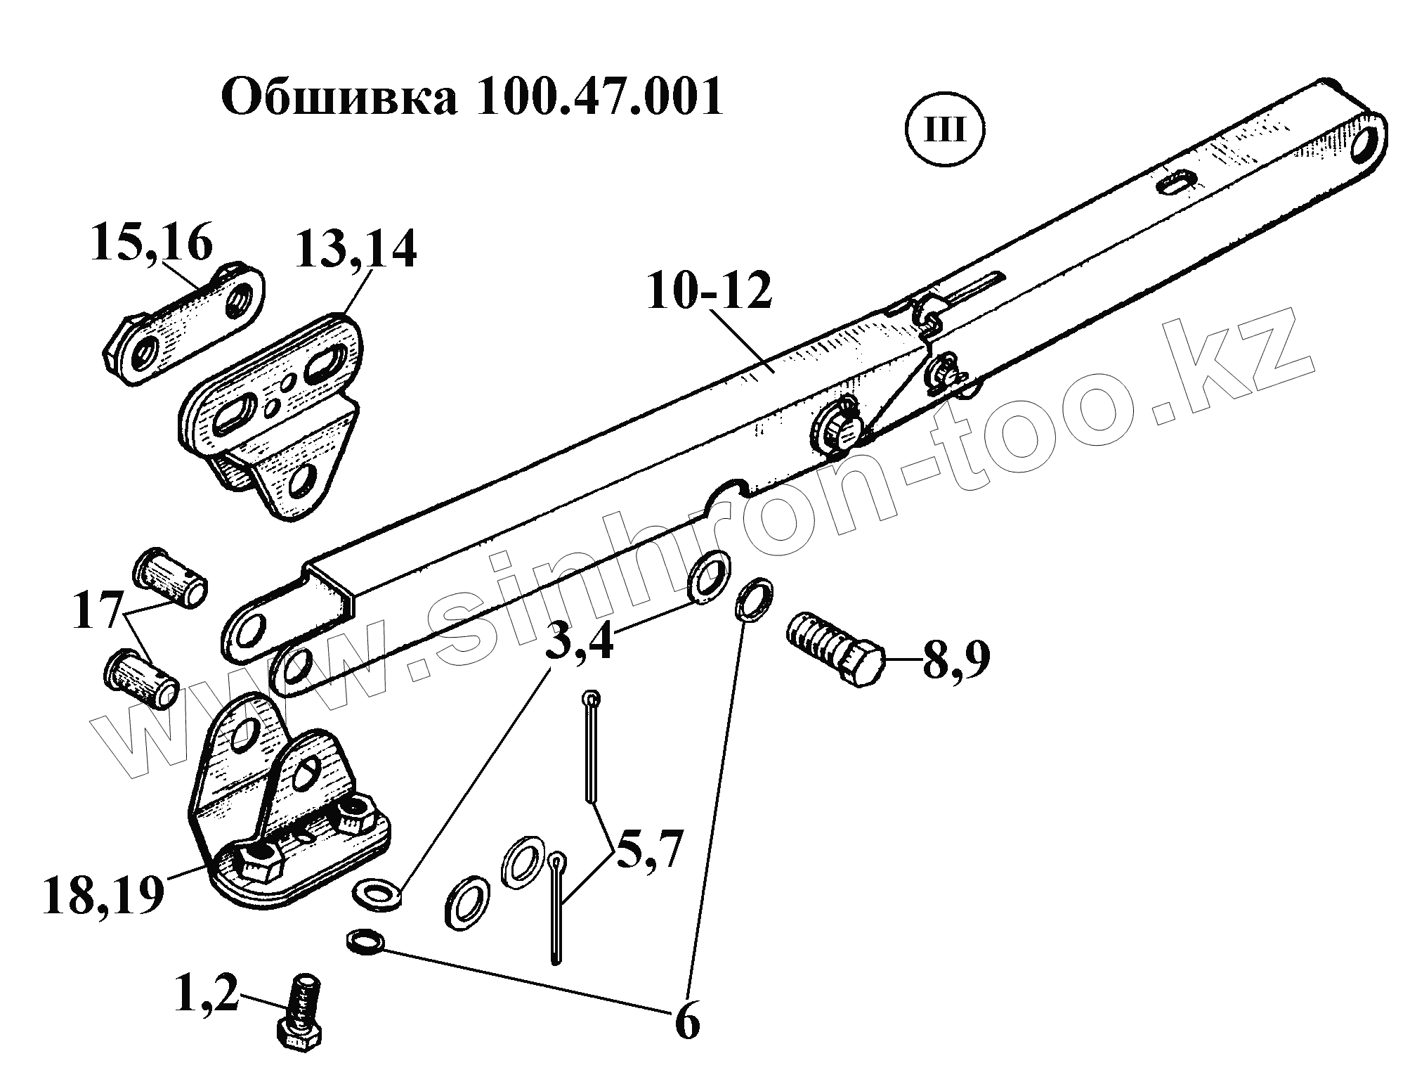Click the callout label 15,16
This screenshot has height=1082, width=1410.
[151, 244]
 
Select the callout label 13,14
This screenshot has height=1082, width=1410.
[356, 251]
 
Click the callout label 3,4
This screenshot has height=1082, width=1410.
[580, 642]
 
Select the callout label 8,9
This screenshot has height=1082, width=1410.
[956, 661]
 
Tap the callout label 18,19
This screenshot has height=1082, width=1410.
[103, 896]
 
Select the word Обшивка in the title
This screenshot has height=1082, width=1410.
[339, 98]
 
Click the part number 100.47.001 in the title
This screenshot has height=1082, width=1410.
[599, 98]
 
